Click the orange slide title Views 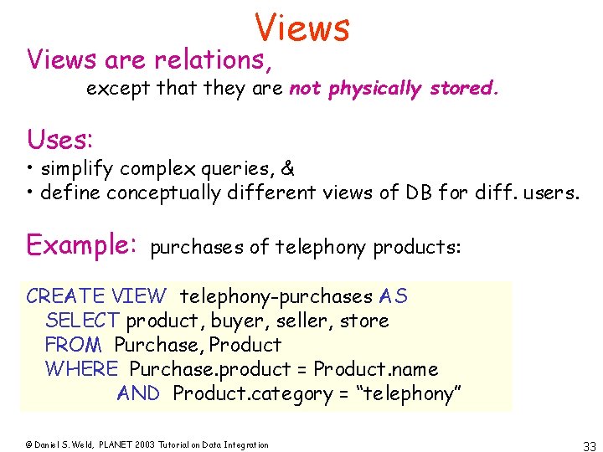[302, 28]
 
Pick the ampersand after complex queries [288, 168]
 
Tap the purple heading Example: [82, 244]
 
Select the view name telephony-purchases [276, 296]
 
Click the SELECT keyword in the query [83, 321]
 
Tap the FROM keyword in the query [73, 345]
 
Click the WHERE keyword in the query [81, 369]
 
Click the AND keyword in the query [138, 393]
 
